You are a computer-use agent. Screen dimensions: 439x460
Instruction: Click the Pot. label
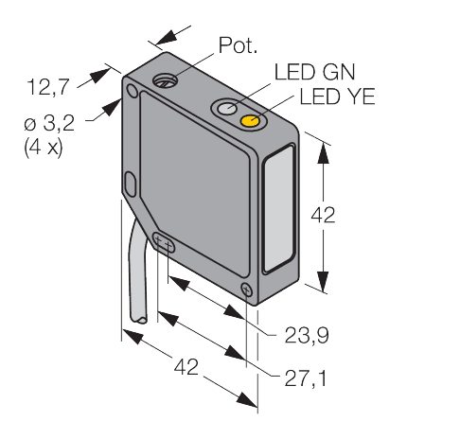[236, 44]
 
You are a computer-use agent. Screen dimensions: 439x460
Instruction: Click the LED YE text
[331, 97]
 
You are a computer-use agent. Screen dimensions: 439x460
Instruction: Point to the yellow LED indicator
[252, 122]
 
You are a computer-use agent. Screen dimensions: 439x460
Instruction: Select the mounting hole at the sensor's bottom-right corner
[247, 290]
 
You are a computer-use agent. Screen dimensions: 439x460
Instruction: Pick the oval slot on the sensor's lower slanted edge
[164, 243]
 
